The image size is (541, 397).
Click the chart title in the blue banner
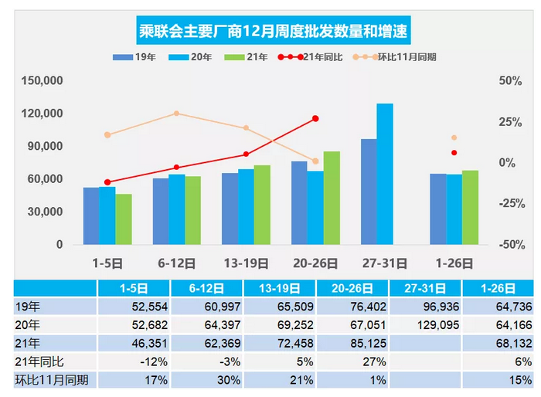[270, 32]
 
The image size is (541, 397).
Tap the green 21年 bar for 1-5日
[124, 219]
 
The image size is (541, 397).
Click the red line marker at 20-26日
[315, 119]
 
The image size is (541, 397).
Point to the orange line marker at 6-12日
[177, 114]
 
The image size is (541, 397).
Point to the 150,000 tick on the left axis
[43, 81]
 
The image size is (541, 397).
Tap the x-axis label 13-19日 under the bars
[246, 262]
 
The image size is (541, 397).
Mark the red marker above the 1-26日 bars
[454, 153]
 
